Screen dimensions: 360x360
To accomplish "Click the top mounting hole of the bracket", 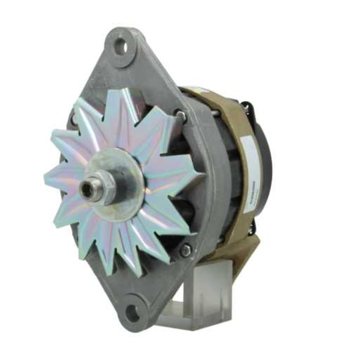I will (121, 47).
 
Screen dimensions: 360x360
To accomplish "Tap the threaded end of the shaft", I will (86, 189).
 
